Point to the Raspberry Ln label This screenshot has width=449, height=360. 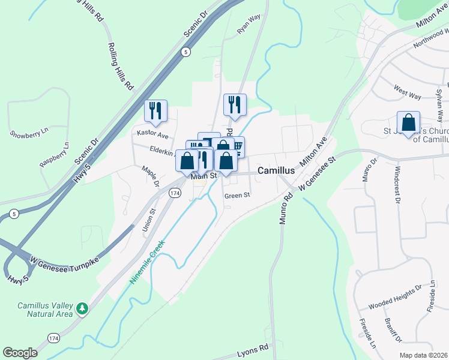53,157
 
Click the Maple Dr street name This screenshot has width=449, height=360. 149,176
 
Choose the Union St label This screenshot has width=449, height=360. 148,220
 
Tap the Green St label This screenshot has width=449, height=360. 237,195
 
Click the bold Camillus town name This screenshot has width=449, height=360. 276,171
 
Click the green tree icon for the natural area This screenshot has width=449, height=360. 82,310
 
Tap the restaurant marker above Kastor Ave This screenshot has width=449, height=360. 155,110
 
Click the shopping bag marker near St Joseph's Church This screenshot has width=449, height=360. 408,122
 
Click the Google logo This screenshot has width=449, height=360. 20,352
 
